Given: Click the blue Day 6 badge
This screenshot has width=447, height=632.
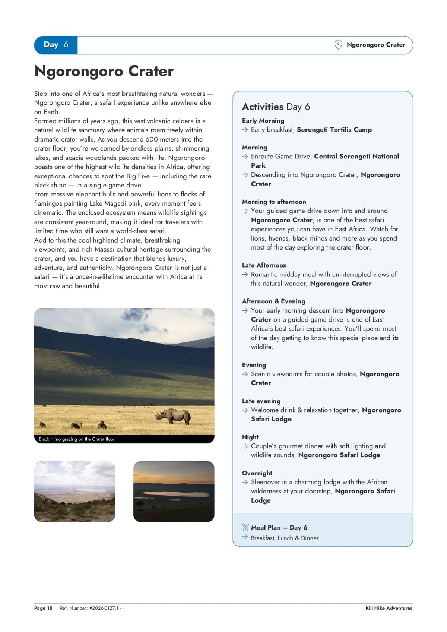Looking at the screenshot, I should (x=56, y=45).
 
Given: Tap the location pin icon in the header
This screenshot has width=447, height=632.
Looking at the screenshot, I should (x=338, y=45).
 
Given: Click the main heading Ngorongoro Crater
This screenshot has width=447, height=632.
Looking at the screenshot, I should (x=104, y=71).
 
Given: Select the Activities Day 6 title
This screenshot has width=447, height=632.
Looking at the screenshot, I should (x=276, y=107).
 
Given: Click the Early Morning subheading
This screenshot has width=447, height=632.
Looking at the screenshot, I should (x=263, y=121).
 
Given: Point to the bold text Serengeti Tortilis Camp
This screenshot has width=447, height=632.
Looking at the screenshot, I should (x=334, y=130).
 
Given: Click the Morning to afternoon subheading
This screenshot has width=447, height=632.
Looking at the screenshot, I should (x=274, y=202).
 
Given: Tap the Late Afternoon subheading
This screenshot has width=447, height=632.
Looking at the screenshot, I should (x=264, y=265).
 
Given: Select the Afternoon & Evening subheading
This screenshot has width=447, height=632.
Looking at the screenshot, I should (x=273, y=301).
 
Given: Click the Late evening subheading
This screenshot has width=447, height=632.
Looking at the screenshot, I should (x=261, y=401).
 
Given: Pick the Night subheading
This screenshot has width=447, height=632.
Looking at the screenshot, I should (x=250, y=437).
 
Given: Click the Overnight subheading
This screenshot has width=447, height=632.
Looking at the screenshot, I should (x=257, y=473).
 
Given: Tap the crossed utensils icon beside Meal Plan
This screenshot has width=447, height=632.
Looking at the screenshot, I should (x=245, y=527).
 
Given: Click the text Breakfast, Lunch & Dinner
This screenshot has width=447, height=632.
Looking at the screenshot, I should (x=285, y=538).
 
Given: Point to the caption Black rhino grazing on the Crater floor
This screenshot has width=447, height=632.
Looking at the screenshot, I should (x=77, y=439).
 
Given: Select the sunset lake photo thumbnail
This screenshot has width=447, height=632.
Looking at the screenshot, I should (x=174, y=492).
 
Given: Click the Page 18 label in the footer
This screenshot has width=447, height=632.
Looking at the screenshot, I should (x=43, y=608).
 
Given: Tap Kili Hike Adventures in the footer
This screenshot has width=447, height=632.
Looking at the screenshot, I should (x=389, y=608).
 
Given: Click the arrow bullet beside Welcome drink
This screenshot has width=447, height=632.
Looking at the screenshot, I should (x=245, y=410).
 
